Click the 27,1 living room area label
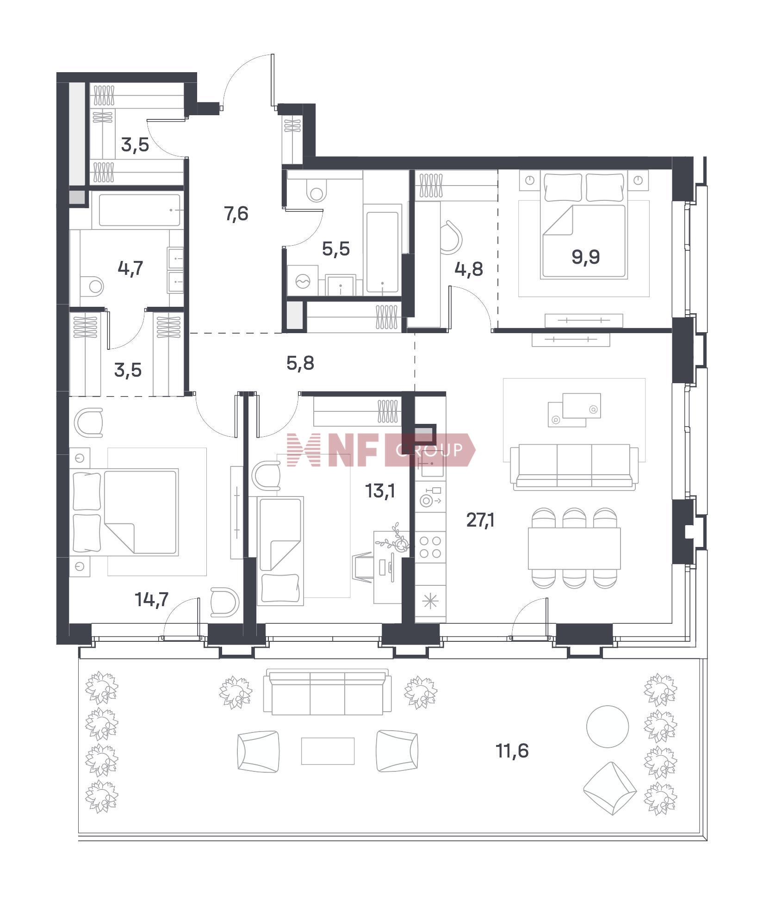[480, 521]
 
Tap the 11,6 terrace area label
[512, 751]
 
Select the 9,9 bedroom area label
[586, 256]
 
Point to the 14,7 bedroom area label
[151, 600]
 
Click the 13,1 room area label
[380, 491]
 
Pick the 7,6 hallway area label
[236, 214]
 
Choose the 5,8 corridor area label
[300, 363]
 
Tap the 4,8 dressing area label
[469, 269]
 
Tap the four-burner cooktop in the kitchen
[430, 546]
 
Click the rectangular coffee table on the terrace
[328, 751]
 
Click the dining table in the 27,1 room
[574, 548]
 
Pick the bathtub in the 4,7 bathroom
[139, 210]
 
